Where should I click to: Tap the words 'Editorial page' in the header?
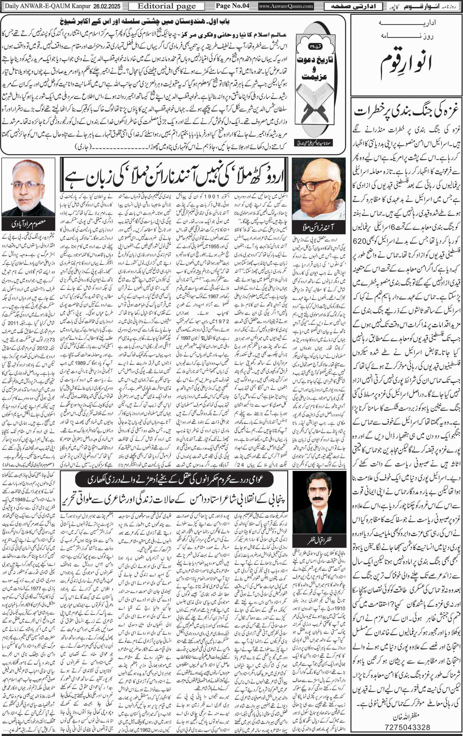coord(167,6)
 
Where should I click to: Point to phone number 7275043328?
coord(407,726)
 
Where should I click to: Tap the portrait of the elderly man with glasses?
coord(319,188)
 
